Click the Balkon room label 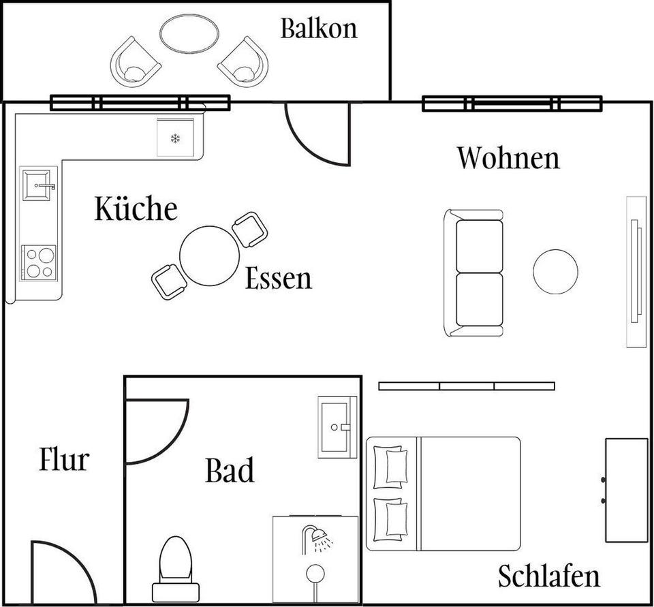tap(318, 29)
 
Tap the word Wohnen tap(508, 158)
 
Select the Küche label tap(136, 208)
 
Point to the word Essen tap(278, 279)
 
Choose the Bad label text tap(230, 471)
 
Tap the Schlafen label tap(548, 576)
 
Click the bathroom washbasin tap(337, 427)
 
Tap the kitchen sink tap(38, 185)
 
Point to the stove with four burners tap(38, 262)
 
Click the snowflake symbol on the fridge tap(175, 139)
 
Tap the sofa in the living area tap(474, 273)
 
